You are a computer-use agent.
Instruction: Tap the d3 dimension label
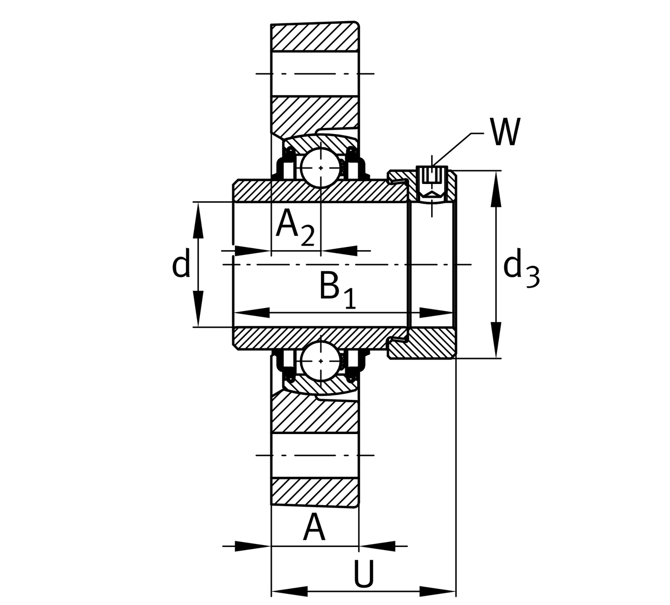521,270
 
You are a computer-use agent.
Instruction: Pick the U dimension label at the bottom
364,574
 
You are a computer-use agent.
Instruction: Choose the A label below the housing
314,527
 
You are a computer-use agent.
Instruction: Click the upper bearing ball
321,167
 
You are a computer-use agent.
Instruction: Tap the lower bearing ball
321,361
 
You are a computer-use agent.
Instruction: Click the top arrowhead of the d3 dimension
496,189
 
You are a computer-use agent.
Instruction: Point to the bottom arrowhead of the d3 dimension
496,341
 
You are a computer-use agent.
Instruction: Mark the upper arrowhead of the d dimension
198,220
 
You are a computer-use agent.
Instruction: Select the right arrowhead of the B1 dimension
436,313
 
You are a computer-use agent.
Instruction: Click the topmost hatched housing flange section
314,37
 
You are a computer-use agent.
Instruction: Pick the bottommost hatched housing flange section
314,492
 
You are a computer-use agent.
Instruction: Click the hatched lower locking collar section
428,344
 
